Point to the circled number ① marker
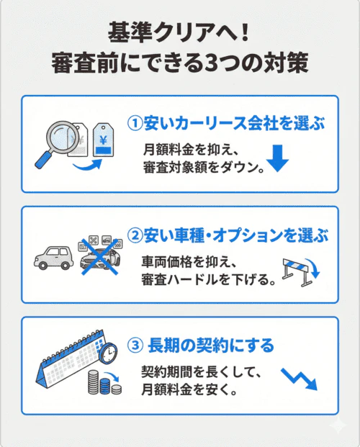[135, 123]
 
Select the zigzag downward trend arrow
[298, 377]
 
